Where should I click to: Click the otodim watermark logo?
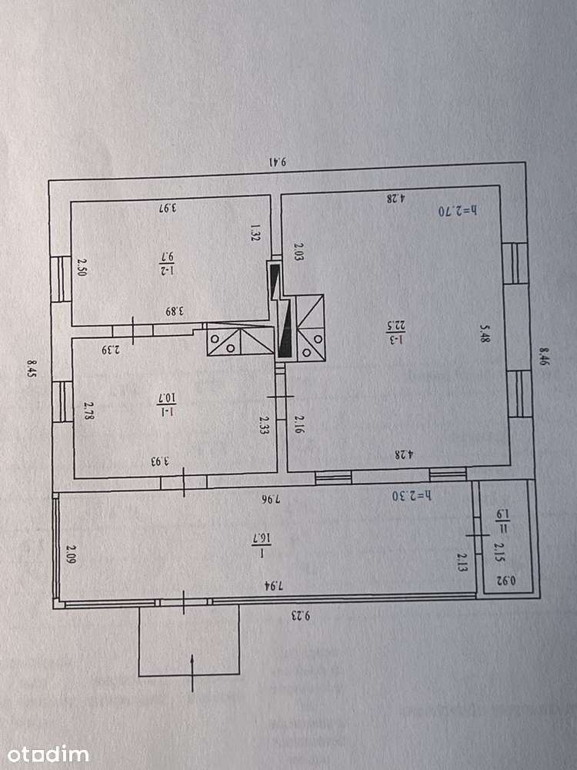pos(48,755)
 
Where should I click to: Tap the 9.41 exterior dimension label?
pos(277,162)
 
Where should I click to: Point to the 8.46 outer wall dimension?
pos(544,357)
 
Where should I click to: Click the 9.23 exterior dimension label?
pos(300,616)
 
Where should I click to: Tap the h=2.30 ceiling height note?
pos(412,495)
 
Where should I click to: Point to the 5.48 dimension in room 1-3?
pos(485,333)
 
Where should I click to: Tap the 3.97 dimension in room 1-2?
pos(168,208)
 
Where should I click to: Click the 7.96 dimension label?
pos(270,499)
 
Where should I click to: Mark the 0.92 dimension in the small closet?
pos(506,581)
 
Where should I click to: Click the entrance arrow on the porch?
pos(192,672)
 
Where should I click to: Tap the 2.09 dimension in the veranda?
pos(72,554)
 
